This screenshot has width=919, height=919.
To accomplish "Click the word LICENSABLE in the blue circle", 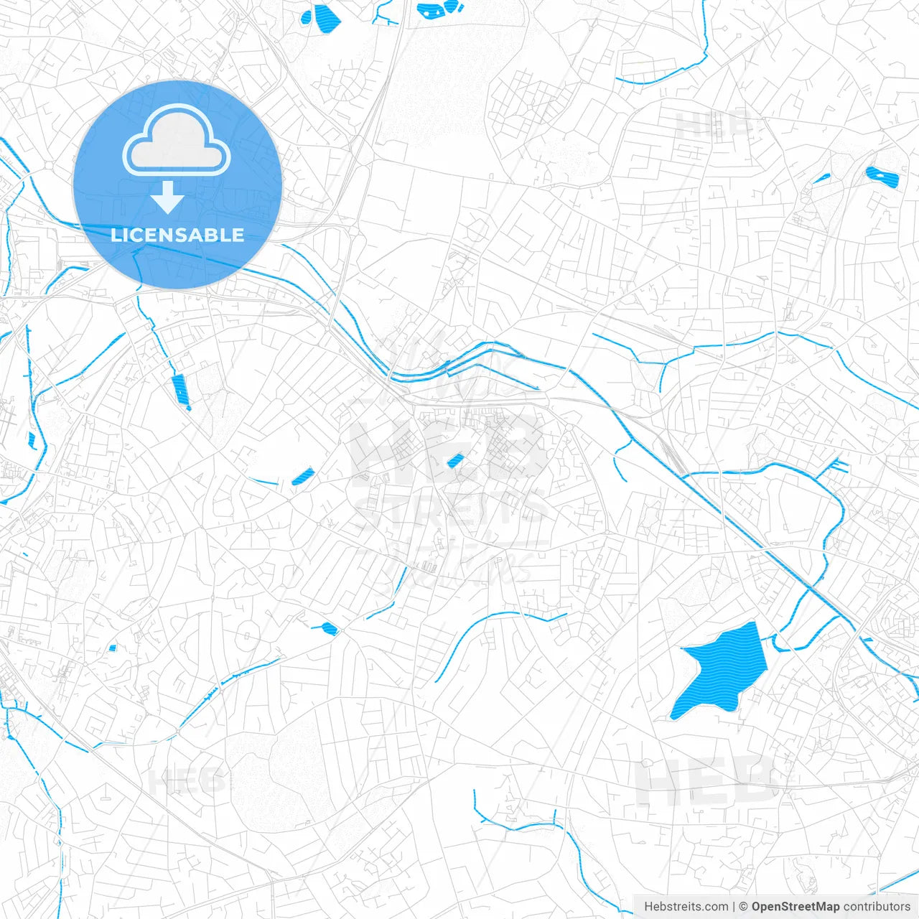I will (x=177, y=235).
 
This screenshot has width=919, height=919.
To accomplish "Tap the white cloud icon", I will (x=177, y=141).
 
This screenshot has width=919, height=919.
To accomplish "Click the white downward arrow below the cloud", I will (x=168, y=197).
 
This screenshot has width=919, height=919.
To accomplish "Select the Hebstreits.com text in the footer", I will (x=686, y=907).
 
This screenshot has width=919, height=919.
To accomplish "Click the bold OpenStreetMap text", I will (x=795, y=907).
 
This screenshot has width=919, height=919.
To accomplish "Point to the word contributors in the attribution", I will (x=877, y=907).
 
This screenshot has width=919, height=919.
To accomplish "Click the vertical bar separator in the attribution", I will (x=734, y=907).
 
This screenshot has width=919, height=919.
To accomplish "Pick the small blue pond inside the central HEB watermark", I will (x=454, y=462).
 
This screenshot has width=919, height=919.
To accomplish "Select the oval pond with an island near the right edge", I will (x=882, y=176).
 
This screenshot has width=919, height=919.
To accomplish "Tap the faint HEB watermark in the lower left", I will (x=187, y=779).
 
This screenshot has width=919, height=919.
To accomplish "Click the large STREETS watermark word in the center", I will (x=452, y=511).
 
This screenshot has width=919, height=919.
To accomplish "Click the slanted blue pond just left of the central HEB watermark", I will (x=303, y=476).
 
